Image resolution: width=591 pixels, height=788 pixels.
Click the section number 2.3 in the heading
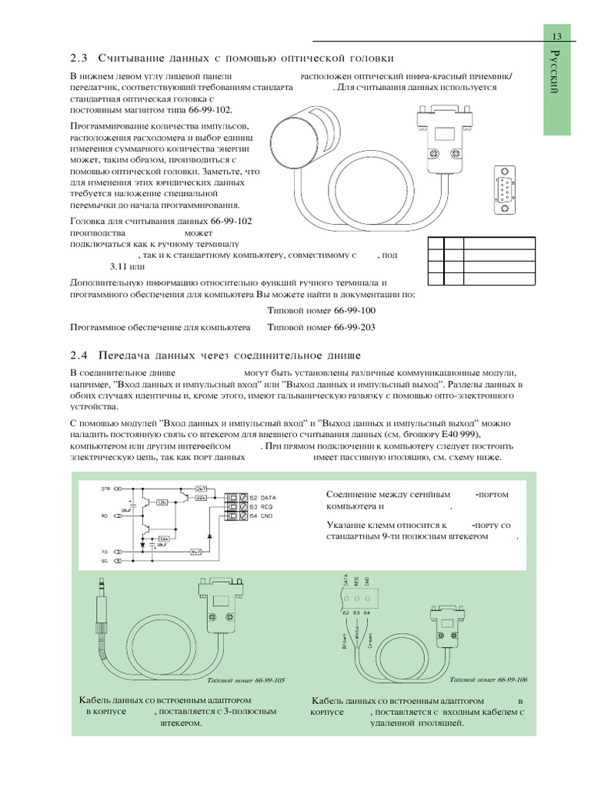[x=79, y=58]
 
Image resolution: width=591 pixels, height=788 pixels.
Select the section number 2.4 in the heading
[x=79, y=355]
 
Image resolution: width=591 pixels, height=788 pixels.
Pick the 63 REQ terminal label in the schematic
[x=262, y=506]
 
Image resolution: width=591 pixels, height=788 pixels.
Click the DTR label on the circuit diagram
[x=106, y=489]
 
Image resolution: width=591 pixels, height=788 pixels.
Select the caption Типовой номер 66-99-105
[x=247, y=681]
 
